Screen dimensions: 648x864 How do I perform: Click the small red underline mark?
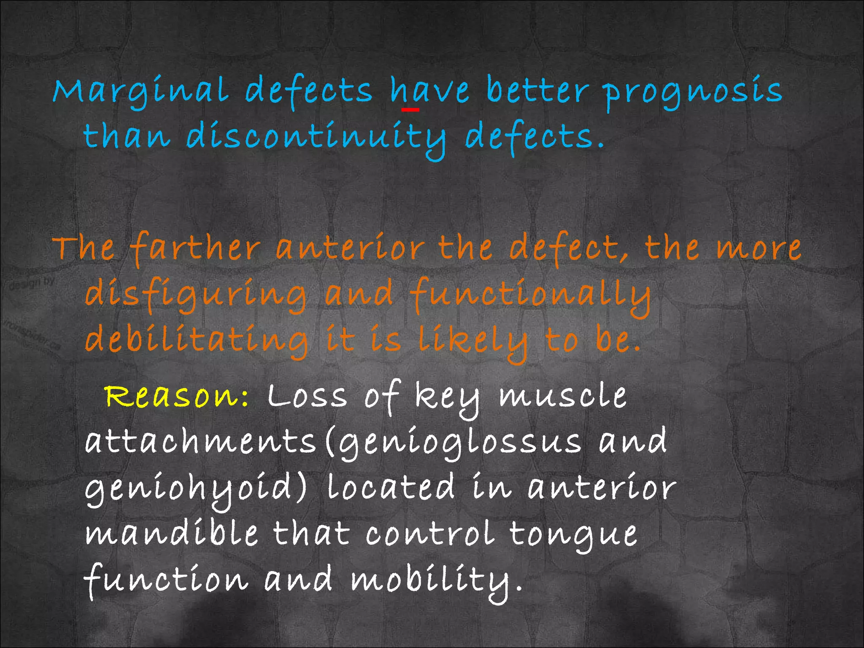point(410,110)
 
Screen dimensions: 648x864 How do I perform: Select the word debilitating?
point(197,340)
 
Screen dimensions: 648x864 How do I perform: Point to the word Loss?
point(307,397)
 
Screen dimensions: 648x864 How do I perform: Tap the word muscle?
point(563,397)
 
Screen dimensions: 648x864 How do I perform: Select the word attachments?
point(200,442)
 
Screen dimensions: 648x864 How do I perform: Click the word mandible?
point(171,533)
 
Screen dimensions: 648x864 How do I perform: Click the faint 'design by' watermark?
point(32,283)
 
